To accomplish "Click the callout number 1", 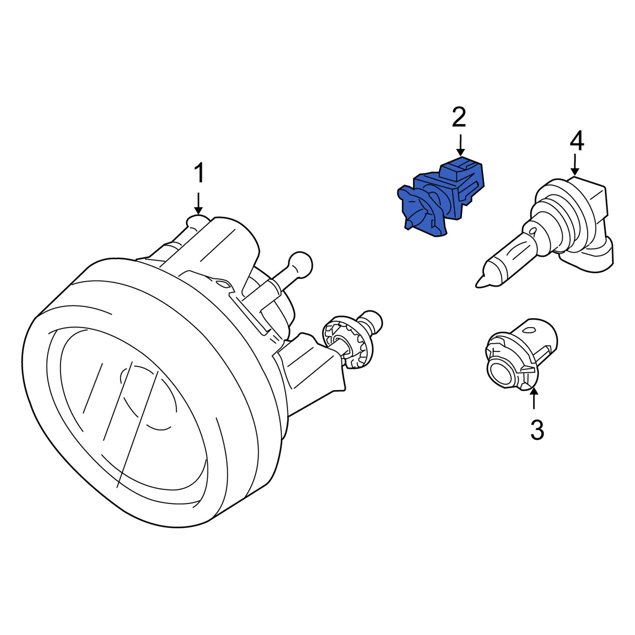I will [x=199, y=174].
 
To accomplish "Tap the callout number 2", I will [x=459, y=117].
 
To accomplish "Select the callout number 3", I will [x=536, y=430].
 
